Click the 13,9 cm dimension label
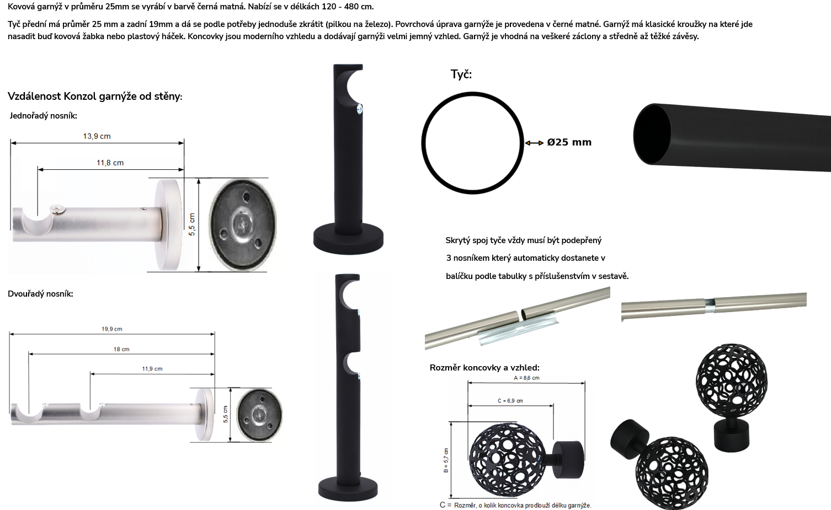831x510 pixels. pos(97,136)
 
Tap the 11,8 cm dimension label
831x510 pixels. pos(110,163)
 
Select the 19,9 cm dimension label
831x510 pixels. pos(112,329)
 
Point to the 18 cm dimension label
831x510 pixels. pos(122,349)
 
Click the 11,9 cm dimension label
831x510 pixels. pos(152,369)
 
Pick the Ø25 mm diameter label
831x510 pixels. pos(569,142)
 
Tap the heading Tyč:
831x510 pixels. pos(461,74)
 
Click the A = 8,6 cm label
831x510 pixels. pos(526,378)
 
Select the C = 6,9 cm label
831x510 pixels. pos(510,401)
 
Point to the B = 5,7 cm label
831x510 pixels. pos(446,460)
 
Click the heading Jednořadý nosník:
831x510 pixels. pos(44,116)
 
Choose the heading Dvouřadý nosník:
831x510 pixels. pos(40,294)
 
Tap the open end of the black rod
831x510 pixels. pos(652,134)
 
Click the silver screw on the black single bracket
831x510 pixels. pos(359,109)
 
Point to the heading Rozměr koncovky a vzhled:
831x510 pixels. pos(484,368)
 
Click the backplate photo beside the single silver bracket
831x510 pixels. pos(243,224)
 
